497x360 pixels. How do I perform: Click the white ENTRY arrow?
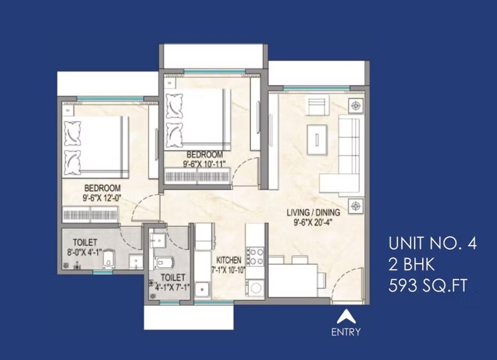tap(346, 316)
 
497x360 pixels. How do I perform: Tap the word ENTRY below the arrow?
tap(346, 332)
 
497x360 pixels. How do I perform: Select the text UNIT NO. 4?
tap(432, 244)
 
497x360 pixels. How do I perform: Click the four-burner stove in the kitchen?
tap(256, 256)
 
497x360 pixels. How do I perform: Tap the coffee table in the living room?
tap(317, 138)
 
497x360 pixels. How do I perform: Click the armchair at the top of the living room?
tap(316, 106)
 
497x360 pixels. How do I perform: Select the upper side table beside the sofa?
tap(356, 106)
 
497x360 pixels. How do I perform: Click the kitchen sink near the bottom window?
tap(203, 289)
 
